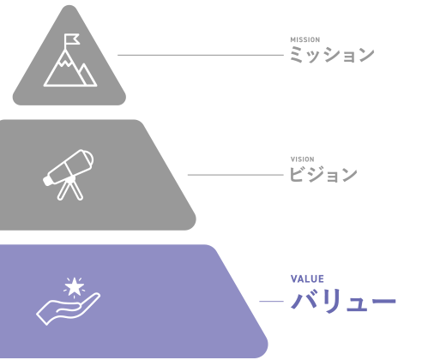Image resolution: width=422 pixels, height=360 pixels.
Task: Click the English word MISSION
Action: pyautogui.click(x=305, y=39)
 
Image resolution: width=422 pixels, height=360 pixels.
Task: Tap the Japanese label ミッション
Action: pyautogui.click(x=332, y=55)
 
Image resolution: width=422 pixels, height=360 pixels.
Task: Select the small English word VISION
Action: pyautogui.click(x=303, y=159)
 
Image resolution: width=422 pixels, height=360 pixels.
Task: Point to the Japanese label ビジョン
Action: pyautogui.click(x=323, y=174)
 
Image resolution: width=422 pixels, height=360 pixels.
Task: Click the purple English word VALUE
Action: pyautogui.click(x=307, y=279)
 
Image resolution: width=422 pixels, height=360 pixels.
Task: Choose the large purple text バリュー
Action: pyautogui.click(x=343, y=301)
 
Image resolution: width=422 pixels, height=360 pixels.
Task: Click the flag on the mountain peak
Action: pyautogui.click(x=71, y=39)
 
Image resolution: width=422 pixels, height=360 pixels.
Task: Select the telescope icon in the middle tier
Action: pyautogui.click(x=69, y=175)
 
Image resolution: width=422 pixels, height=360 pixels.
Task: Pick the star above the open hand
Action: pyautogui.click(x=75, y=287)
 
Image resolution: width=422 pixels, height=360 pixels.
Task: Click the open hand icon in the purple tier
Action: pyautogui.click(x=69, y=309)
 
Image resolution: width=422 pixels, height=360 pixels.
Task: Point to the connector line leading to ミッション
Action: pyautogui.click(x=201, y=55)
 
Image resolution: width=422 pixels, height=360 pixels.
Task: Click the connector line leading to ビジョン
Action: pyautogui.click(x=236, y=175)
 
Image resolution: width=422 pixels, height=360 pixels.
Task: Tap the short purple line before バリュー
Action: pyautogui.click(x=271, y=301)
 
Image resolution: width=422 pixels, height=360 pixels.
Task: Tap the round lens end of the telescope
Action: pyautogui.click(x=88, y=159)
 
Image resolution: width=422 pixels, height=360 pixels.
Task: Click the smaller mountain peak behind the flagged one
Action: pyautogui.click(x=87, y=75)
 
